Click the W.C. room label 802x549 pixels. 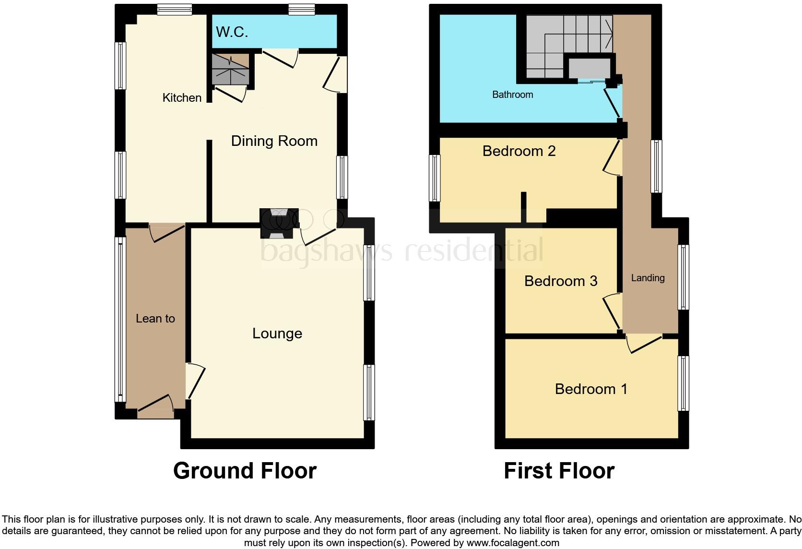coord(232,32)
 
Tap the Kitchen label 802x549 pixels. coord(182,98)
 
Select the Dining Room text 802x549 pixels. coord(274,141)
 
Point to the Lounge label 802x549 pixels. coord(277,334)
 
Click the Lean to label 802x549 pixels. coord(155,319)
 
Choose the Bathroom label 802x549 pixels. coord(512,95)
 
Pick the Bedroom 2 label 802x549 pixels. coord(519,151)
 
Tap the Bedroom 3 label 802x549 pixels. coord(560,281)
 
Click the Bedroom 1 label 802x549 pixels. coord(590,389)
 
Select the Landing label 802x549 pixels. coord(648,278)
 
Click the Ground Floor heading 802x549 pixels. coord(245,471)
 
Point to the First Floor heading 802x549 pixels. coord(559,471)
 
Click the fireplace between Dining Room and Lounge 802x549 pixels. coord(279,223)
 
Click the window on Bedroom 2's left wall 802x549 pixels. coord(435,178)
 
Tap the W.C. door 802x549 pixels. coord(281,59)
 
